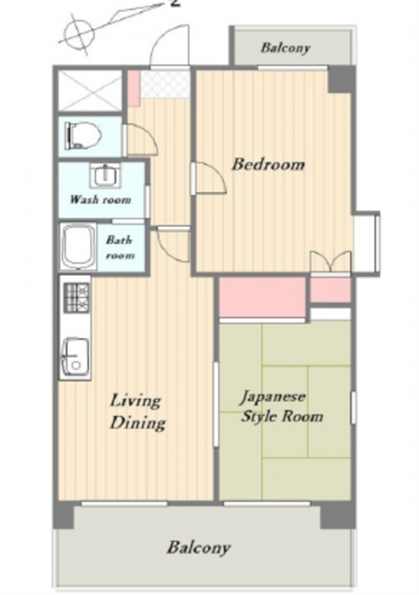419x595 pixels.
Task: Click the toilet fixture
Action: (x=83, y=136)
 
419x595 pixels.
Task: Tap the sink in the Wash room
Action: (x=105, y=175)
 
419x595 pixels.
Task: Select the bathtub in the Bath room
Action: (x=79, y=247)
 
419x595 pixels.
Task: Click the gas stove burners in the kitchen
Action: (x=78, y=297)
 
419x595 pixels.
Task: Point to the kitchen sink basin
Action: (x=75, y=357)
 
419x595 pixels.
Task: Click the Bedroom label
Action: (x=268, y=164)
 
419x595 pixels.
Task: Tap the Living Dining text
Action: (x=137, y=412)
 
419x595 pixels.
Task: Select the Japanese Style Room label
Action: (x=282, y=406)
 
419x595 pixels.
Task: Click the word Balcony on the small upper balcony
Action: (x=286, y=48)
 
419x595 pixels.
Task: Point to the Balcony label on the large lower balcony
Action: (x=198, y=547)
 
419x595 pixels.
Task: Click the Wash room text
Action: (x=101, y=199)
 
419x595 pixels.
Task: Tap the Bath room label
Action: (x=120, y=247)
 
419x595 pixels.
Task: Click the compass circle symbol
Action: (x=79, y=35)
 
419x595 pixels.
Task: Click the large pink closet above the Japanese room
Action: (x=262, y=297)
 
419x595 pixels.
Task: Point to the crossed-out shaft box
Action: (x=90, y=90)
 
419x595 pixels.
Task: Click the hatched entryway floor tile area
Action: (x=165, y=84)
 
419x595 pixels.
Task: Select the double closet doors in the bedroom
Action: (x=331, y=262)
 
